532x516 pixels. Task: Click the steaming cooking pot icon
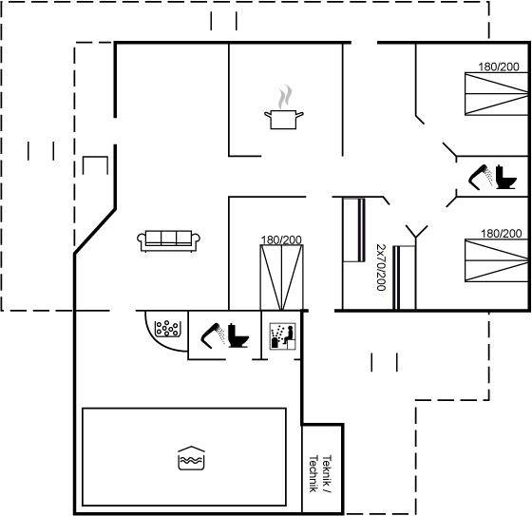click(284, 107)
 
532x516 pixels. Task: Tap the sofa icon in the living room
click(168, 241)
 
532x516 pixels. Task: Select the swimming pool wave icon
click(191, 458)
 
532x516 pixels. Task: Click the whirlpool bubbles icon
click(166, 329)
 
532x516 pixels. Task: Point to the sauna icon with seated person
click(283, 336)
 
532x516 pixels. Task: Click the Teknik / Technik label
click(319, 474)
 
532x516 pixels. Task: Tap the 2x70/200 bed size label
click(381, 267)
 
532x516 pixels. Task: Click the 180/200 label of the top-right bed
click(499, 67)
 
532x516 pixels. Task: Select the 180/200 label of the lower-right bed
click(502, 234)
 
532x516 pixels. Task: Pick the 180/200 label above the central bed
click(281, 240)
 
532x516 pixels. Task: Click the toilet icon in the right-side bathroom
click(505, 177)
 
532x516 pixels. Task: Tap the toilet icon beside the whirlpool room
click(238, 335)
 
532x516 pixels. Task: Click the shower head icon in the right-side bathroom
click(481, 177)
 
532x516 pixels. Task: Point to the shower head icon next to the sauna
click(213, 336)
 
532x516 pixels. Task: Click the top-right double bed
click(496, 94)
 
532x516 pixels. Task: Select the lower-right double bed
click(496, 260)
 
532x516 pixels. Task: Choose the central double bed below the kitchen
click(281, 277)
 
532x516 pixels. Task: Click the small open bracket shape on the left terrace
click(95, 157)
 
